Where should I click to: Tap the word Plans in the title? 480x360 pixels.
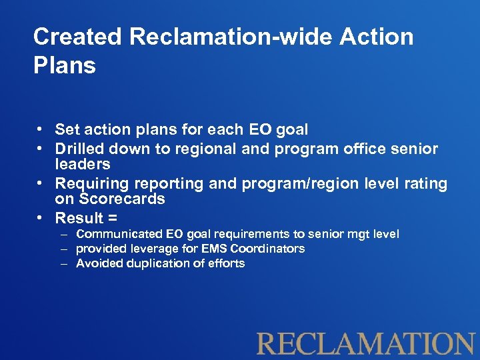click(65, 66)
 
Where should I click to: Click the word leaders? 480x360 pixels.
click(83, 164)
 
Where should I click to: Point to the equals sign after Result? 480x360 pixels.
click(113, 219)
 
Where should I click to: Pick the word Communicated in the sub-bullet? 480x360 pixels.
click(119, 234)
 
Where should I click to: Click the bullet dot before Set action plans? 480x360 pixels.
click(41, 129)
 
